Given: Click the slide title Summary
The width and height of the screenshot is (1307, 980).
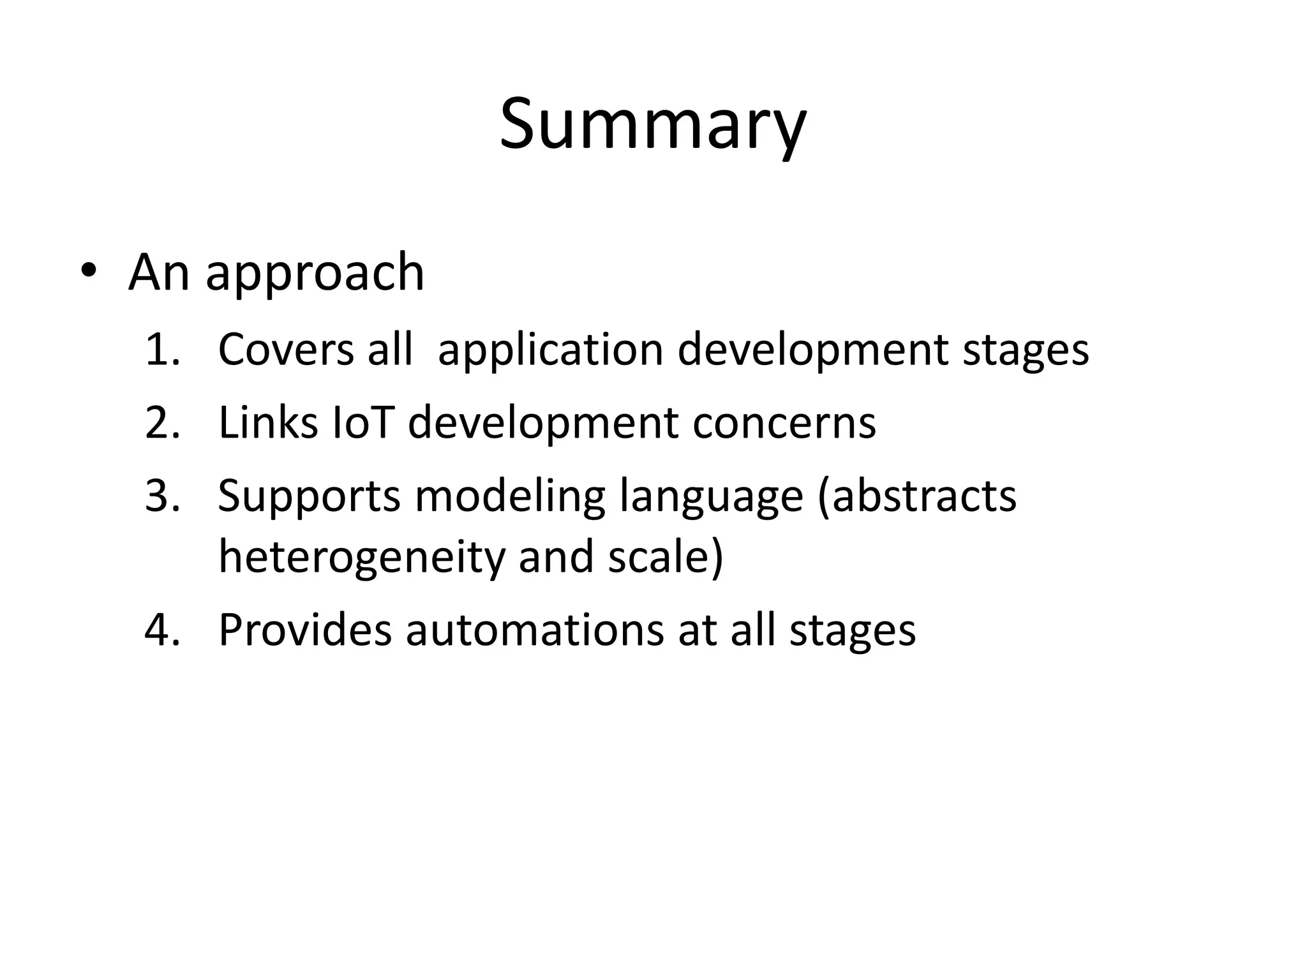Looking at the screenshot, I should point(653,124).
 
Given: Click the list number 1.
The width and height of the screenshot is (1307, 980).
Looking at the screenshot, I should point(162,350).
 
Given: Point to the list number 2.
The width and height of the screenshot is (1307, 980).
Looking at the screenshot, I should point(162,422).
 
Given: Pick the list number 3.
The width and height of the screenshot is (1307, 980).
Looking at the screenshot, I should point(162,496).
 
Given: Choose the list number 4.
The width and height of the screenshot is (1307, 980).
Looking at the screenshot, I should point(162,630).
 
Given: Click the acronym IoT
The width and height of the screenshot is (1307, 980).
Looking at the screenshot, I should point(362,422).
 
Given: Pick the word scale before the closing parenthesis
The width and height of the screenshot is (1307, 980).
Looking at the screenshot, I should point(657,556).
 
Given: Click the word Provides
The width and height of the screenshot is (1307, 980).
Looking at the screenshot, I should point(304,630).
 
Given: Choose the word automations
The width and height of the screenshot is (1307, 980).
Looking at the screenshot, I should point(535,630).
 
